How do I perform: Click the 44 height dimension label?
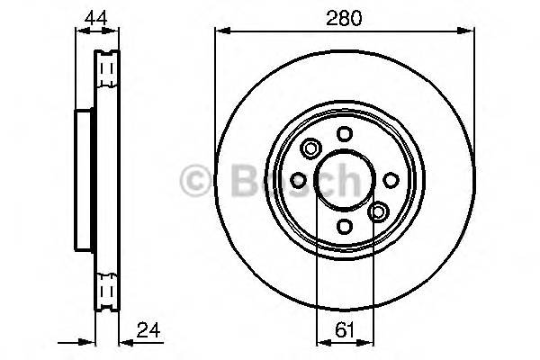93,18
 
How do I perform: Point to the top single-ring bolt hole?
344,133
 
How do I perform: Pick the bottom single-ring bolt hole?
344,226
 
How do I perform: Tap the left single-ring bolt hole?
298,180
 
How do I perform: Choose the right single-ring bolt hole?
390,180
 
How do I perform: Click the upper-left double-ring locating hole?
311,148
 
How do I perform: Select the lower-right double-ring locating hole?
378,212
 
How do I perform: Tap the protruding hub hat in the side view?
84,180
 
